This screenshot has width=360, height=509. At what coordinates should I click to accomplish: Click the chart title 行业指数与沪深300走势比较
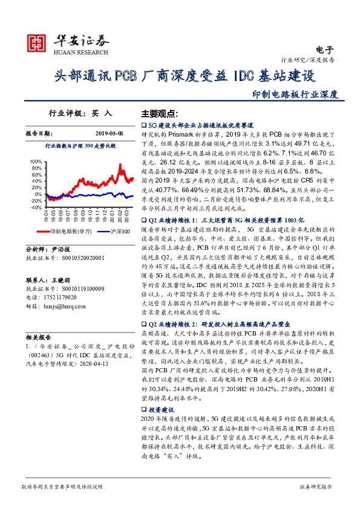click(80, 146)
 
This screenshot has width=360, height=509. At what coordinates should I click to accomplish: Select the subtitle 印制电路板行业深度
click(295, 94)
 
